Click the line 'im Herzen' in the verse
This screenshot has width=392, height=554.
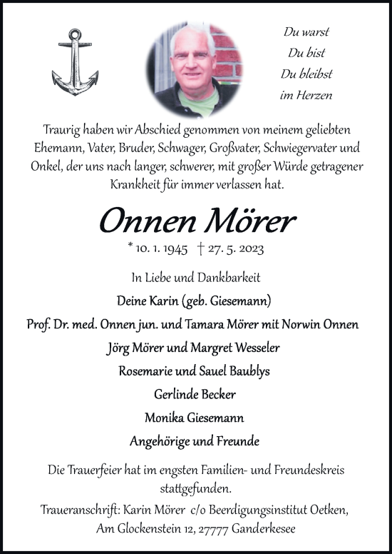(x=308, y=95)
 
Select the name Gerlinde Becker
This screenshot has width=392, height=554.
(x=195, y=394)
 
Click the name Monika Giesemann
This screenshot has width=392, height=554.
(x=195, y=418)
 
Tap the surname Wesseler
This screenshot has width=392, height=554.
(x=254, y=348)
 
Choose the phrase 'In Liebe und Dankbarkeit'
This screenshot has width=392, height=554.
(x=195, y=276)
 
